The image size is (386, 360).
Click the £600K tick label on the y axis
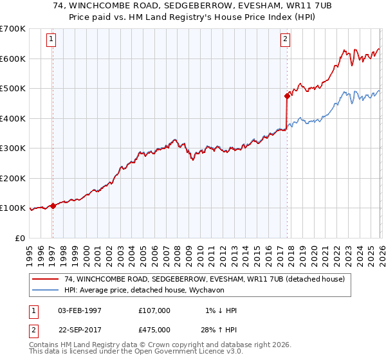point(12,59)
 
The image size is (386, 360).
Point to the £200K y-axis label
point(12,178)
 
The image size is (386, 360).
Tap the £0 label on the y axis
point(19,238)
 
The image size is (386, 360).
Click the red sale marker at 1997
point(53,206)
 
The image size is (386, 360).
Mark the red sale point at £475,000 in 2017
point(286,96)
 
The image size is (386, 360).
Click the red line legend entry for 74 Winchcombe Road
point(205,279)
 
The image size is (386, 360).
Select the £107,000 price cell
point(154,310)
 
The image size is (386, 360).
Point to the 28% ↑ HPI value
point(219,329)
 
